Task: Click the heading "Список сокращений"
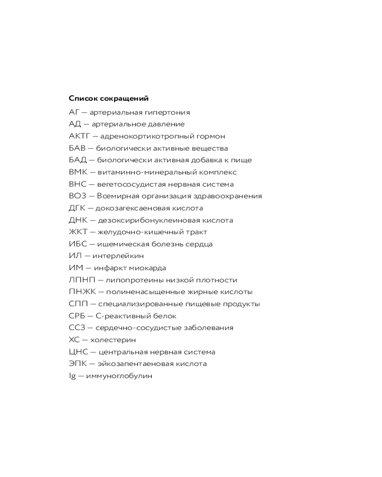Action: (108, 99)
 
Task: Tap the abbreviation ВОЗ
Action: (76, 196)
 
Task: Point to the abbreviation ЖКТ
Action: (77, 232)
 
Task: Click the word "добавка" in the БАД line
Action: (202, 160)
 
